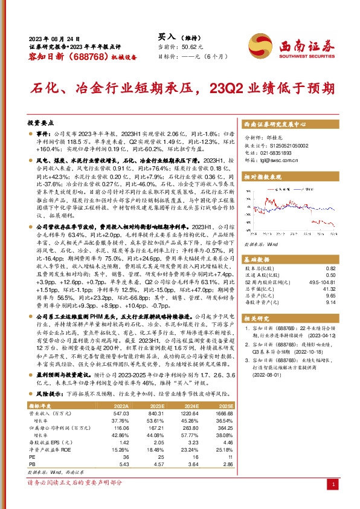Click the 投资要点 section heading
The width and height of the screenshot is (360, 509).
click(x=40, y=121)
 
